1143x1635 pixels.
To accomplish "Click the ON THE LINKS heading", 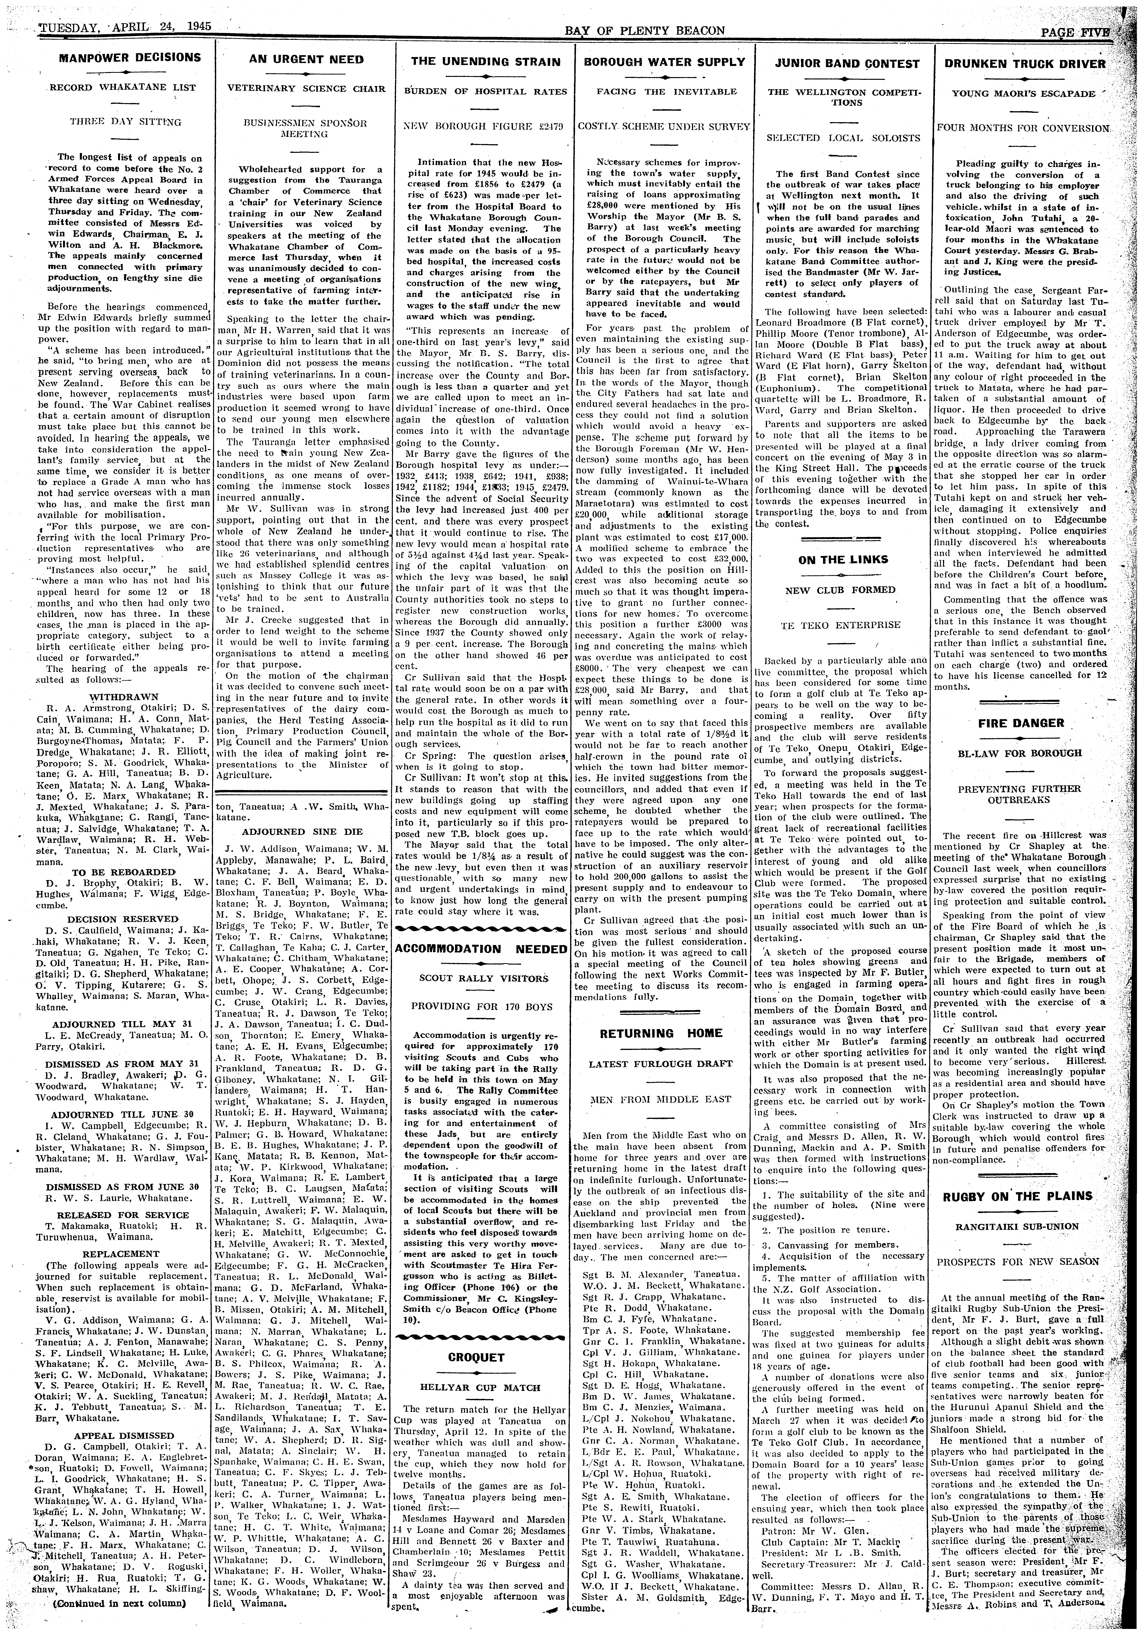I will tap(843, 560).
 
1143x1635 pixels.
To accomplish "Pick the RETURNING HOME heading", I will tap(661, 1033).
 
